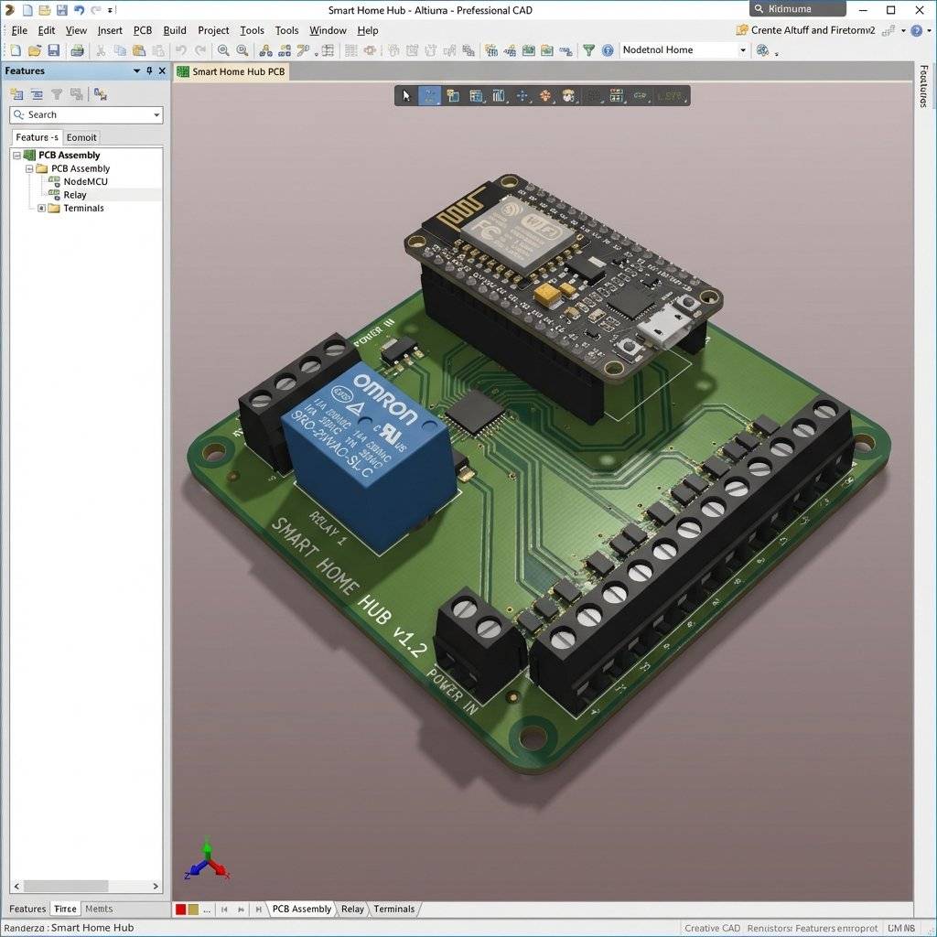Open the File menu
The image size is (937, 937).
(x=18, y=30)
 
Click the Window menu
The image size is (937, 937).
(x=328, y=30)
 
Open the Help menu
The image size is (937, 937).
(x=368, y=30)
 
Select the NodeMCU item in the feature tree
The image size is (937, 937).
(x=85, y=181)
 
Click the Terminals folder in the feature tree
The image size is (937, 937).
(x=83, y=208)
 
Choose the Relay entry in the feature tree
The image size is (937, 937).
(x=75, y=195)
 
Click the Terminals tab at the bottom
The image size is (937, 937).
(x=393, y=909)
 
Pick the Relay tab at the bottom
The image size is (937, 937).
(x=352, y=909)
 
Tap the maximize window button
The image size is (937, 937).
(x=891, y=10)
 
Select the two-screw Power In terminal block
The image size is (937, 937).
(x=478, y=641)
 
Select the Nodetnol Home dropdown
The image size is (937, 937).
(x=684, y=50)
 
